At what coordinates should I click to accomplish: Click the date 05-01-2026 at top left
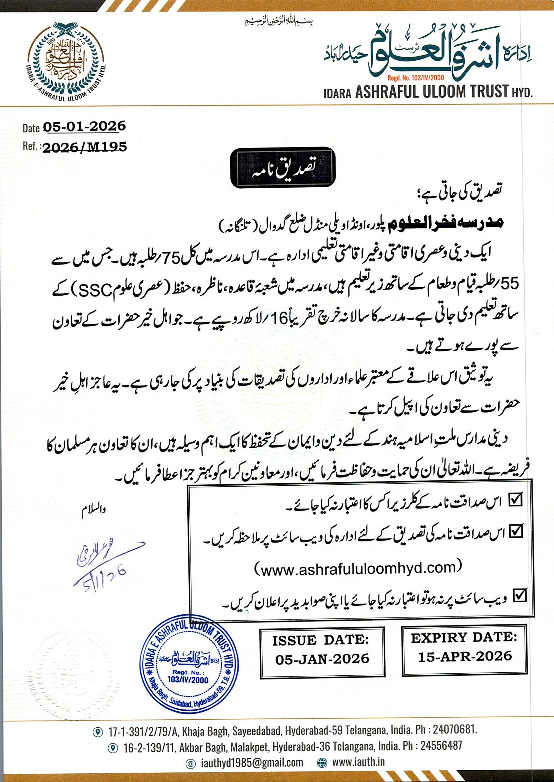[x=84, y=127]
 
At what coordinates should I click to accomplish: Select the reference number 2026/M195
[x=84, y=147]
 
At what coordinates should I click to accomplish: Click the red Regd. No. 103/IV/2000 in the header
[x=415, y=78]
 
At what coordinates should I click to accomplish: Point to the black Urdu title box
[x=283, y=168]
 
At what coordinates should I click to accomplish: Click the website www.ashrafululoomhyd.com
[x=358, y=568]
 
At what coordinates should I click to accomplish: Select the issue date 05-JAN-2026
[x=322, y=659]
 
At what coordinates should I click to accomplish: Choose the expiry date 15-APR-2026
[x=465, y=656]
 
